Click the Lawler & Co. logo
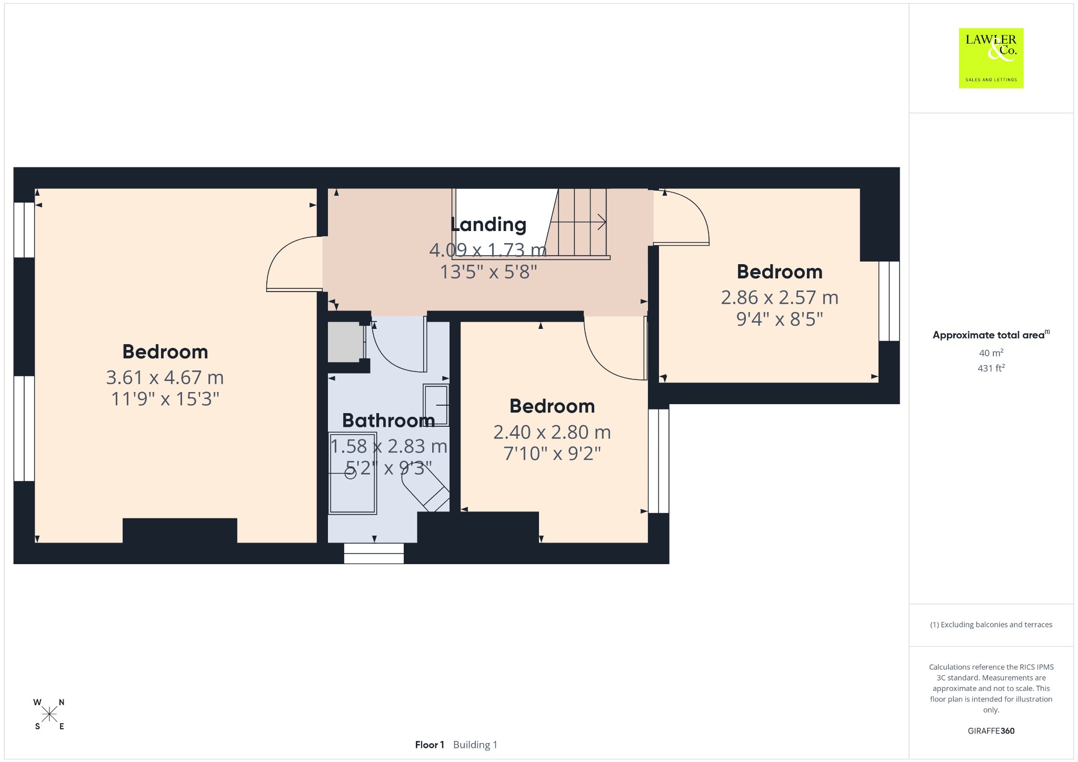pos(991,58)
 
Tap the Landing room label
pos(488,225)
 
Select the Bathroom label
pos(388,420)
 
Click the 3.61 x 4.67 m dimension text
pos(165,377)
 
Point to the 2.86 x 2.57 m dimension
pos(780,297)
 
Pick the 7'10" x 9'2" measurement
pos(552,453)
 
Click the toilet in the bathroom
pos(425,488)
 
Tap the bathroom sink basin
pos(436,405)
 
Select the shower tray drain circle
pos(351,473)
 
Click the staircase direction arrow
pos(578,222)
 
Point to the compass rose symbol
pos(49,714)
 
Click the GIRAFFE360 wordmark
pos(991,730)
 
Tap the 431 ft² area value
pos(991,368)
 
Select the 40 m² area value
pos(991,353)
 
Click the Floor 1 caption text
pos(430,745)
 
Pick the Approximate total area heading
pos(991,335)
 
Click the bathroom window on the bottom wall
pos(374,553)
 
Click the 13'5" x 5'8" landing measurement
pos(488,272)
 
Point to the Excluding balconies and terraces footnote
pos(991,625)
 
